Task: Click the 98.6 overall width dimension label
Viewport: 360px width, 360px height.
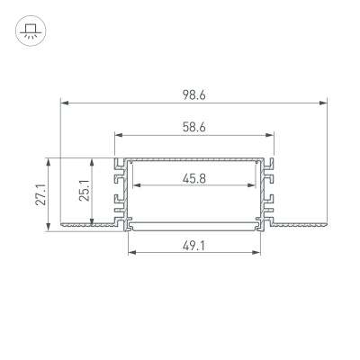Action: (193, 93)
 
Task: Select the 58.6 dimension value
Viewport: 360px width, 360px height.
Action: (193, 127)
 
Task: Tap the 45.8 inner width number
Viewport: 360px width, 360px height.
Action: (193, 178)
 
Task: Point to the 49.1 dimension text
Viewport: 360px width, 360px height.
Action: (193, 243)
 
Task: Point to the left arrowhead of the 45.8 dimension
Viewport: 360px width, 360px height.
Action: (135, 187)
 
